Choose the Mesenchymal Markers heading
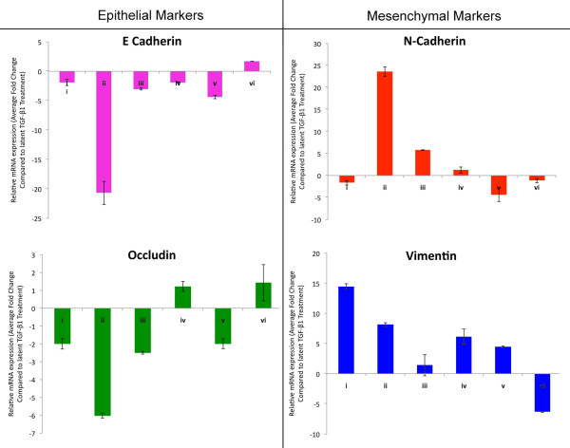426,12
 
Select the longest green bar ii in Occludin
104,362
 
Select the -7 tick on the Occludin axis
38,434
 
